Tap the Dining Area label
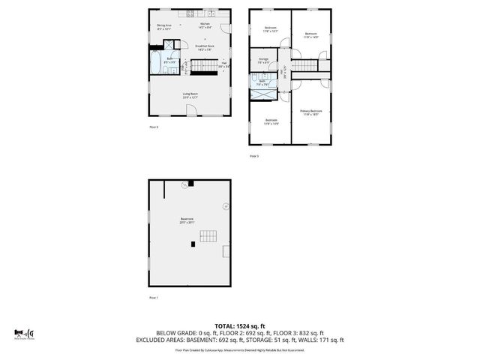point(164,27)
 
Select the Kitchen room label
point(205,25)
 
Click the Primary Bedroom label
point(310,113)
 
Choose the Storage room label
point(263,60)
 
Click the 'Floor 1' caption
point(153,298)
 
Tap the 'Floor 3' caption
point(253,156)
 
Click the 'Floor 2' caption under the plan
point(153,127)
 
